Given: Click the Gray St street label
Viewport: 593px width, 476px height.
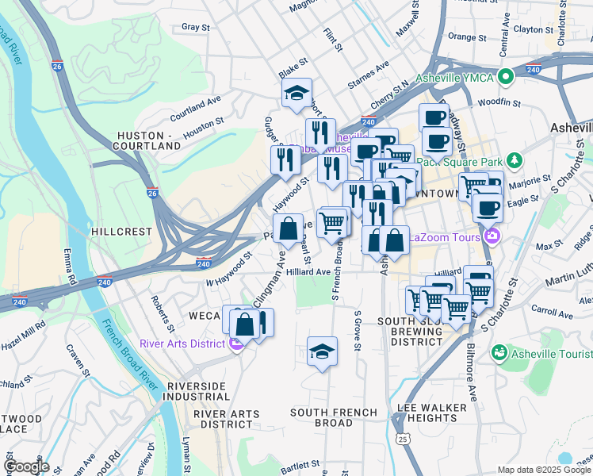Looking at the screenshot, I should coord(195,27).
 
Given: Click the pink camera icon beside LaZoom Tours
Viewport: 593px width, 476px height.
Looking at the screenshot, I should coord(492,236).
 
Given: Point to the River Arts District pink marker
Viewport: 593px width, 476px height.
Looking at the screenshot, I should coord(235,343).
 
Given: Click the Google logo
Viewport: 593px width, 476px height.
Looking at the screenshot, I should coord(26,466).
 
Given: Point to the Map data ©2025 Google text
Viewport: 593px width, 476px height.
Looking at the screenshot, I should coord(544,470).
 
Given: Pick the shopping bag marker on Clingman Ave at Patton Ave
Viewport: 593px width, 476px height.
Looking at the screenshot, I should coord(289,228).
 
